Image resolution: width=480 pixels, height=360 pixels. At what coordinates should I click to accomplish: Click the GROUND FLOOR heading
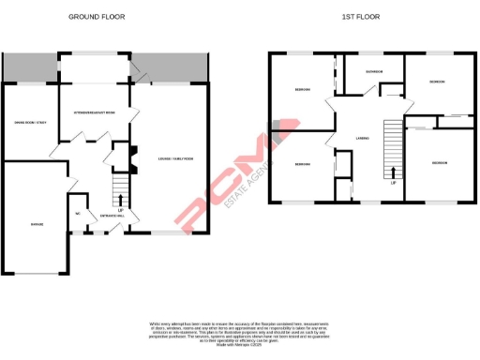(97, 17)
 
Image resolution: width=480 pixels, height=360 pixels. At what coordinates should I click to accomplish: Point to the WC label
(78, 213)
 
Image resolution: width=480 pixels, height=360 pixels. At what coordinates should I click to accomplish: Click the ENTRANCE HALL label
(112, 215)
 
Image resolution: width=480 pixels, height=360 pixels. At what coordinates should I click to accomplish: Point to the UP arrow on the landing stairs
(393, 174)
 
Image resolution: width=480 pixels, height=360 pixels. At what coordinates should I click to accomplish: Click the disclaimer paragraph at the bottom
(240, 330)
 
